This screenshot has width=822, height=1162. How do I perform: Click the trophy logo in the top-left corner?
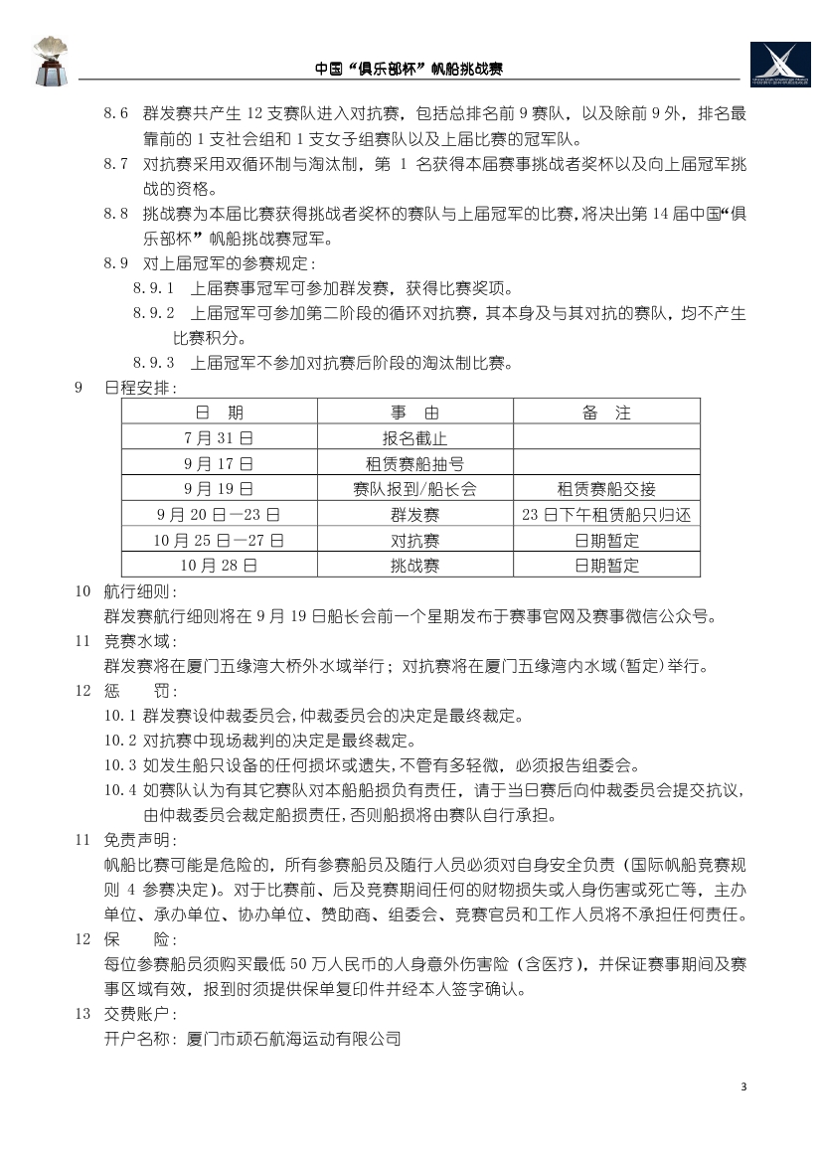50,60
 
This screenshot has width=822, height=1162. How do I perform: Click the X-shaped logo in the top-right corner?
780,65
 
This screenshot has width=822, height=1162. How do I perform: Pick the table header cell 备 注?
606,413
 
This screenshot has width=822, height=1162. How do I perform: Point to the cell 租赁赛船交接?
606,489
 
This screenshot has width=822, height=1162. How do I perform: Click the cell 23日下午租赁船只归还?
606,515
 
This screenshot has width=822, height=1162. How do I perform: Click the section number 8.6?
116,114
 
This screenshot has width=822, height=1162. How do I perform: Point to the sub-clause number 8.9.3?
153,363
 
